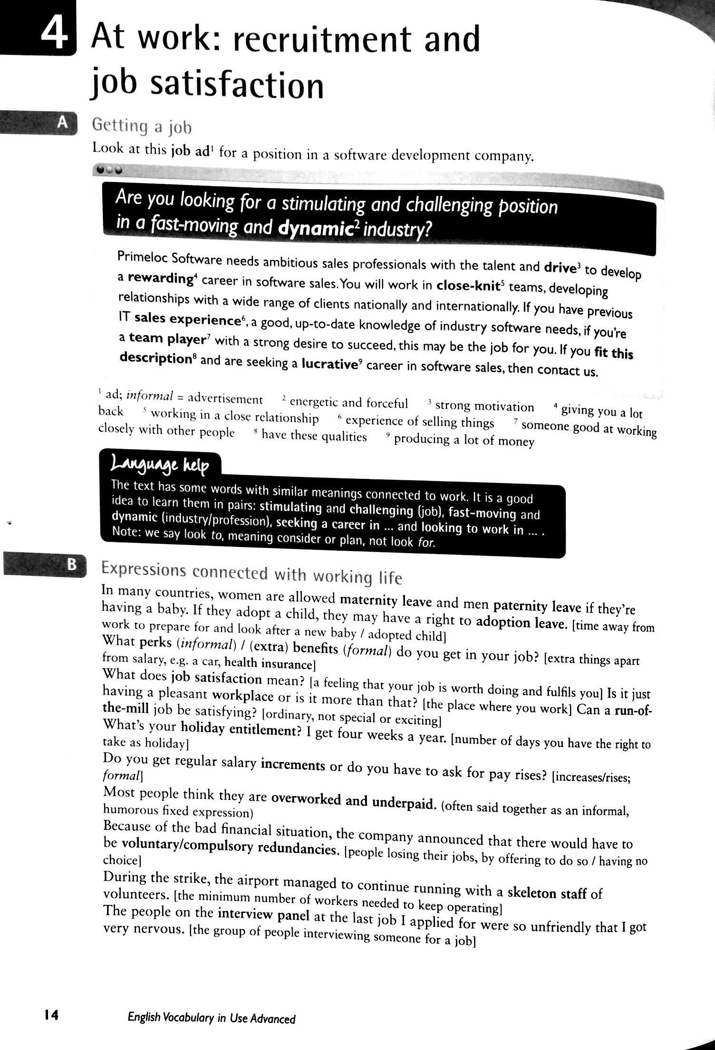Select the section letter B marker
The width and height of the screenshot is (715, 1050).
tap(71, 564)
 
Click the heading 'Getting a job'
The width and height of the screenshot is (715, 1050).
tap(142, 126)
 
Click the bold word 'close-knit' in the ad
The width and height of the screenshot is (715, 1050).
tap(468, 286)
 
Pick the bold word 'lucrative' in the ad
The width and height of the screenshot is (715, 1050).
tap(329, 365)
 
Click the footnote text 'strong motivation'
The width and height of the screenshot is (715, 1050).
tap(484, 407)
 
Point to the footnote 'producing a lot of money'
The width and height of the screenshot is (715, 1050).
tap(464, 440)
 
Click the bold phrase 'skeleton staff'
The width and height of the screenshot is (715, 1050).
tap(547, 893)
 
